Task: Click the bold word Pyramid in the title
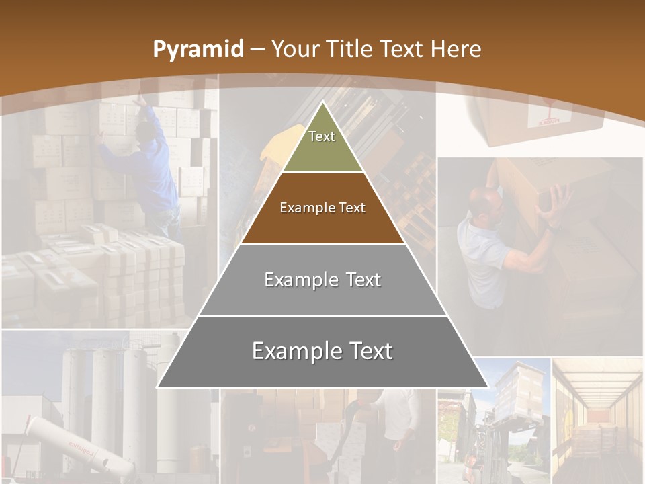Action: pyautogui.click(x=198, y=49)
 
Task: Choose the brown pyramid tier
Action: pyautogui.click(x=322, y=208)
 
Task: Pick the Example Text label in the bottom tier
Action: pyautogui.click(x=322, y=351)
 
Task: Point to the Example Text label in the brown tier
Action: pyautogui.click(x=322, y=208)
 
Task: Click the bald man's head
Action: pyautogui.click(x=486, y=202)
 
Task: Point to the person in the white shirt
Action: pyautogui.click(x=396, y=417)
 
